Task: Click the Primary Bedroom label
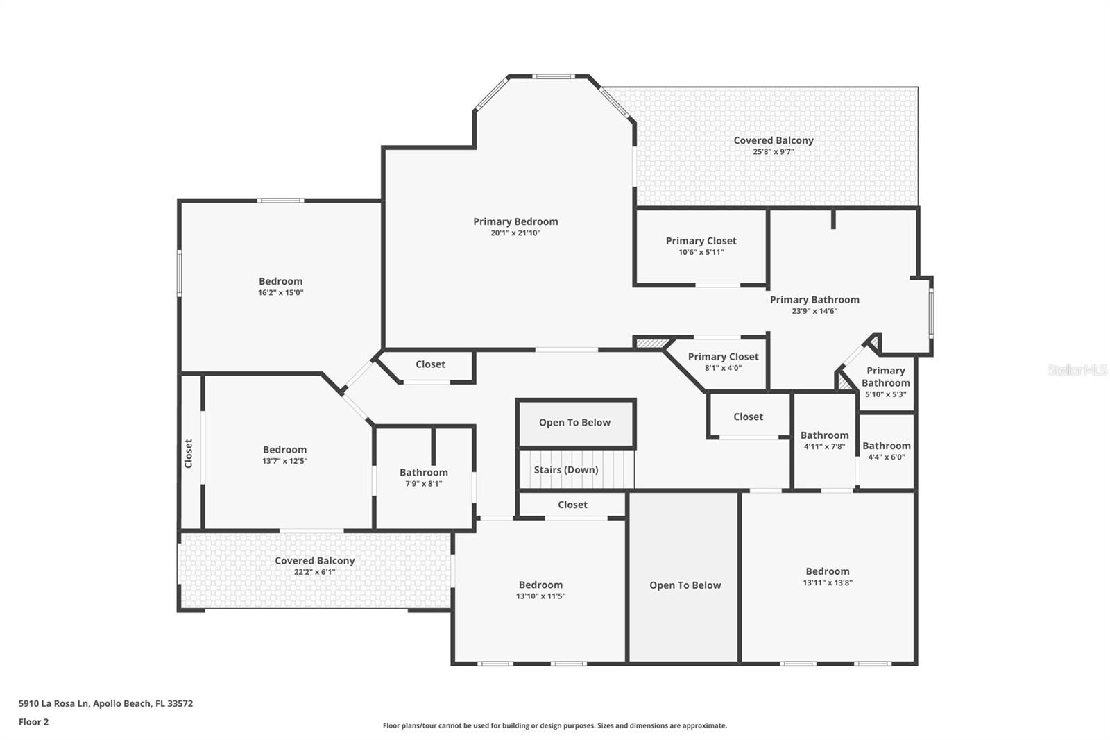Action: click(515, 221)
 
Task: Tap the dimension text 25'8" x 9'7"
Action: click(774, 151)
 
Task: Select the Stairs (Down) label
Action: click(566, 470)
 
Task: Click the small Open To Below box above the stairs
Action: click(575, 423)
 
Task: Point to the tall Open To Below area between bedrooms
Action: click(685, 585)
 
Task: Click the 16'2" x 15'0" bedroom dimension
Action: click(281, 293)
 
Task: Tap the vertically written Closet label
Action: click(189, 453)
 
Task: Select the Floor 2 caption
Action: click(34, 722)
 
